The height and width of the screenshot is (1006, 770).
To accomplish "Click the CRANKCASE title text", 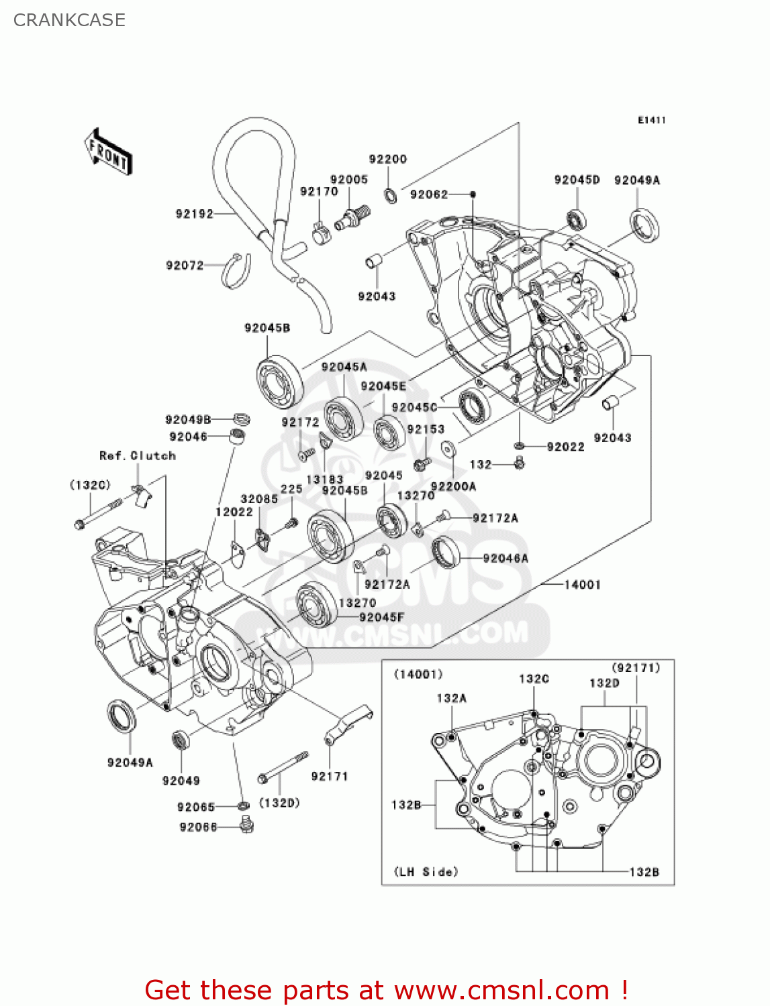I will [69, 20].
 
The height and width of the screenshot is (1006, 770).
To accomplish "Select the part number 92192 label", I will [194, 214].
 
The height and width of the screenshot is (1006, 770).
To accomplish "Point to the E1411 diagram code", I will [651, 120].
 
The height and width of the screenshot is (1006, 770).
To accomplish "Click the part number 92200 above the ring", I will [387, 159].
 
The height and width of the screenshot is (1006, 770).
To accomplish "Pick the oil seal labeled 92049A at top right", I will [644, 225].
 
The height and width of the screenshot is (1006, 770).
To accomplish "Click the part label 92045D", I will [577, 180].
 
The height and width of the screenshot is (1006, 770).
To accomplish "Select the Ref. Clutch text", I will [138, 456].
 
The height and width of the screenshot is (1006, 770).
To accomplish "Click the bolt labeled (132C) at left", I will [98, 513].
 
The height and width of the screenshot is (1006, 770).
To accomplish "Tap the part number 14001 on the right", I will [582, 585].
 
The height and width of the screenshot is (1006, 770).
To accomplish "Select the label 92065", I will [196, 807].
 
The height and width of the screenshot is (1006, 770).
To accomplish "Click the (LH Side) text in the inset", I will [426, 872].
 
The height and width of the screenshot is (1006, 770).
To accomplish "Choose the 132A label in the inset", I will [451, 698].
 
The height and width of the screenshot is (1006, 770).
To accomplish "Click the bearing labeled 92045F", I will [316, 605].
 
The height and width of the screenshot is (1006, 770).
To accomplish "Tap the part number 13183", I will [324, 480].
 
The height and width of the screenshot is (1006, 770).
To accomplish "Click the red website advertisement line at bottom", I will [386, 991].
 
